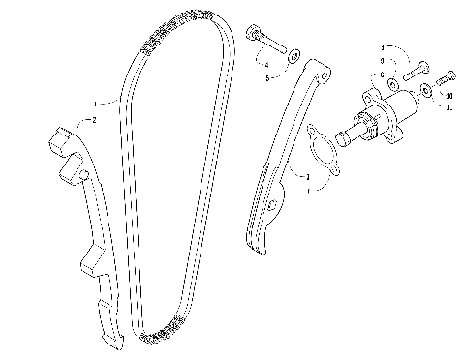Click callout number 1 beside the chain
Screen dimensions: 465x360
pyautogui.click(x=96, y=104)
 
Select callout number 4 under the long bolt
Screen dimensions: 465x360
pyautogui.click(x=266, y=65)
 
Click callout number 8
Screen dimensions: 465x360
pyautogui.click(x=384, y=46)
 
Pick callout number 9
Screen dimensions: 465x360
pyautogui.click(x=384, y=60)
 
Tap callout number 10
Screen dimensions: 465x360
pyautogui.click(x=451, y=95)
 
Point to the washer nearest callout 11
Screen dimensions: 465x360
pyautogui.click(x=427, y=92)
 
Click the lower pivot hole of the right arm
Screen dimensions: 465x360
pyautogui.click(x=259, y=205)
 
